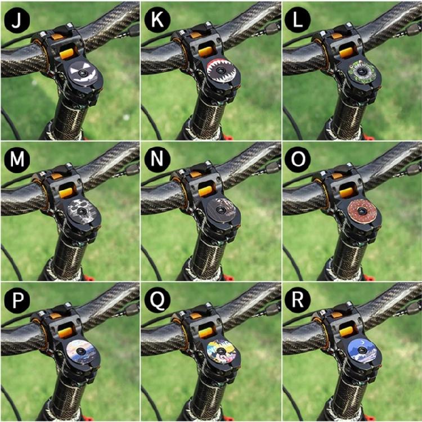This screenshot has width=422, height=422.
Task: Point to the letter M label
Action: tap(15, 160)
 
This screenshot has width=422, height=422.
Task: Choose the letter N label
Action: tap(156, 160)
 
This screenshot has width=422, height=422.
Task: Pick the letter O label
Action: tap(296, 160)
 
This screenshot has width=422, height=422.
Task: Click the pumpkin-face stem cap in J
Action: tap(83, 72)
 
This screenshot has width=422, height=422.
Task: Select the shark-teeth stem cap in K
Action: tap(224, 72)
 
